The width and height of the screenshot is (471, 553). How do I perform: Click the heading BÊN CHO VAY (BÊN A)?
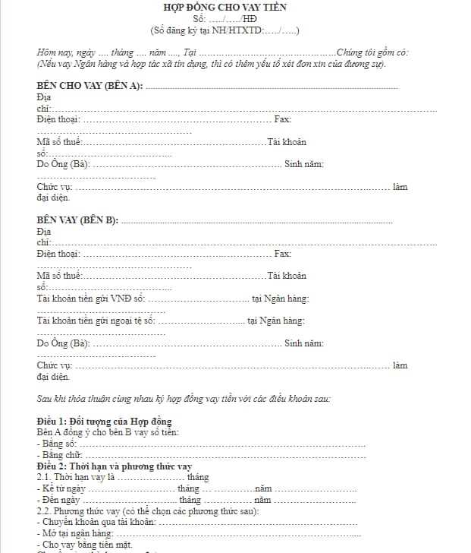(x=89, y=86)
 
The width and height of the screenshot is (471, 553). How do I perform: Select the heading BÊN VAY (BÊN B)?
(x=77, y=220)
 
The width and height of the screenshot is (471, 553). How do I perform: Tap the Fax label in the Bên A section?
(x=282, y=119)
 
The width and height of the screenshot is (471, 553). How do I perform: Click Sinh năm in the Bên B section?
(x=304, y=343)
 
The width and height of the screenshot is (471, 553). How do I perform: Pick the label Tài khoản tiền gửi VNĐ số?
(x=90, y=299)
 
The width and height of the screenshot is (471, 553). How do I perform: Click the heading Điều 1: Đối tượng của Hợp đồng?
(x=104, y=421)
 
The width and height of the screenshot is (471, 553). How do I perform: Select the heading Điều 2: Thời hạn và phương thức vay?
(x=115, y=466)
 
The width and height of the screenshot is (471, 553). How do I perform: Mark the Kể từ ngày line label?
(x=61, y=488)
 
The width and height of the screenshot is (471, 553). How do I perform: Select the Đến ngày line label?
(x=60, y=500)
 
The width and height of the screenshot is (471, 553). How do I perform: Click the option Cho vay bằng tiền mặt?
(x=84, y=545)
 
